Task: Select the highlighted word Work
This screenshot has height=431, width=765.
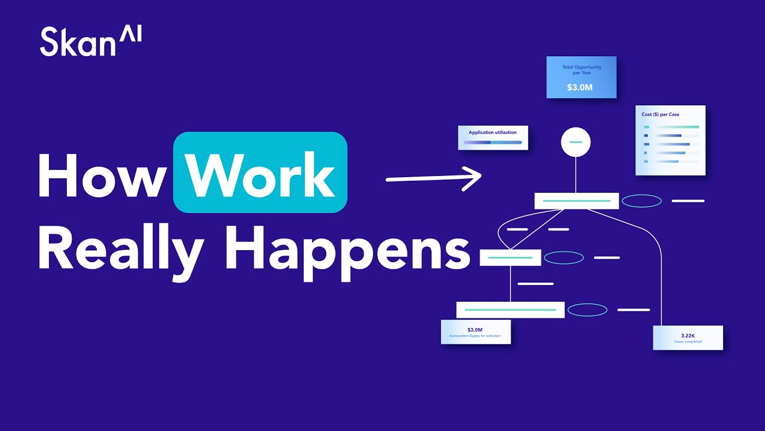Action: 260,174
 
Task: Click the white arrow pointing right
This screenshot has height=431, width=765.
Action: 434,178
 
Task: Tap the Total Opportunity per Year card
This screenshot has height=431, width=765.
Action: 582,77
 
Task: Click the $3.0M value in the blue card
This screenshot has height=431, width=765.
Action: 580,87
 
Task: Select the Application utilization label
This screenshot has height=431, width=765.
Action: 492,132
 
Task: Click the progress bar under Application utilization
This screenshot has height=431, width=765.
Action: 492,142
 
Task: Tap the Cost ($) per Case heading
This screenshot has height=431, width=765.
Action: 661,114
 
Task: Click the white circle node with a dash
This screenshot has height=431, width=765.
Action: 576,142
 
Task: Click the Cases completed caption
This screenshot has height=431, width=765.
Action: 688,342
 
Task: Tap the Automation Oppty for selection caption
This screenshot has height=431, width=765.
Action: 475,336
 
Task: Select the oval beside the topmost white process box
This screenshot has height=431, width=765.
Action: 642,201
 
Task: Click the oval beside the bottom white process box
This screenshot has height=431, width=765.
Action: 587,310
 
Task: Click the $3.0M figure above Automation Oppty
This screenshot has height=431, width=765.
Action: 475,330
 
